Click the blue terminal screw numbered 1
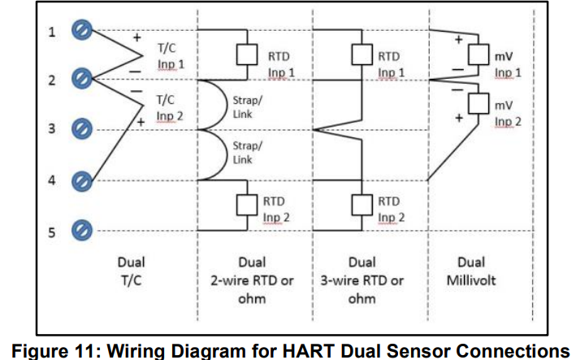tap(80, 32)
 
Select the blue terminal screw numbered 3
tap(80, 129)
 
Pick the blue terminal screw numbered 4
tap(80, 180)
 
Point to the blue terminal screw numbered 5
tap(80, 232)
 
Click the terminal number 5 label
tap(50, 232)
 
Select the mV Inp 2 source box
tap(478, 103)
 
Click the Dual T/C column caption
tap(131, 271)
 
